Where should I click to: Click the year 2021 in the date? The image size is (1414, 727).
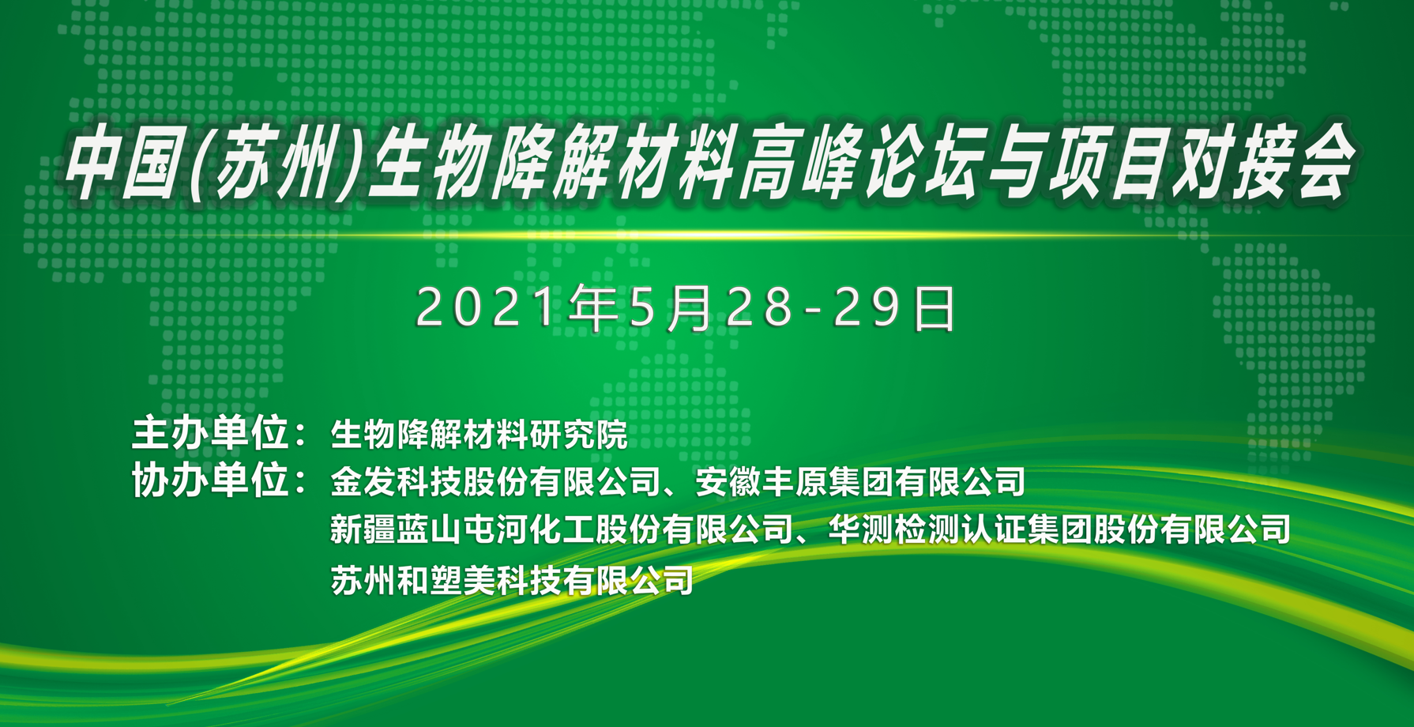tap(487, 307)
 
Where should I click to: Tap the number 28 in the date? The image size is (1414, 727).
tap(759, 307)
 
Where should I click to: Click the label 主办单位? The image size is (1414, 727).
tap(210, 433)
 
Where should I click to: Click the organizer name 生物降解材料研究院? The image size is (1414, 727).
tap(479, 435)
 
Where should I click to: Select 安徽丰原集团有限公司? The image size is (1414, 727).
tap(860, 482)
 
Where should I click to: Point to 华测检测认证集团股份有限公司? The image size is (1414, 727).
tap(1059, 529)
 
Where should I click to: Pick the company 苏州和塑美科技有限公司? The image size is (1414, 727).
tap(512, 580)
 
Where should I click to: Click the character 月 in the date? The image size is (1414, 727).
tap(690, 307)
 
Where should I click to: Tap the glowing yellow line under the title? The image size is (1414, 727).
tap(707, 235)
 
